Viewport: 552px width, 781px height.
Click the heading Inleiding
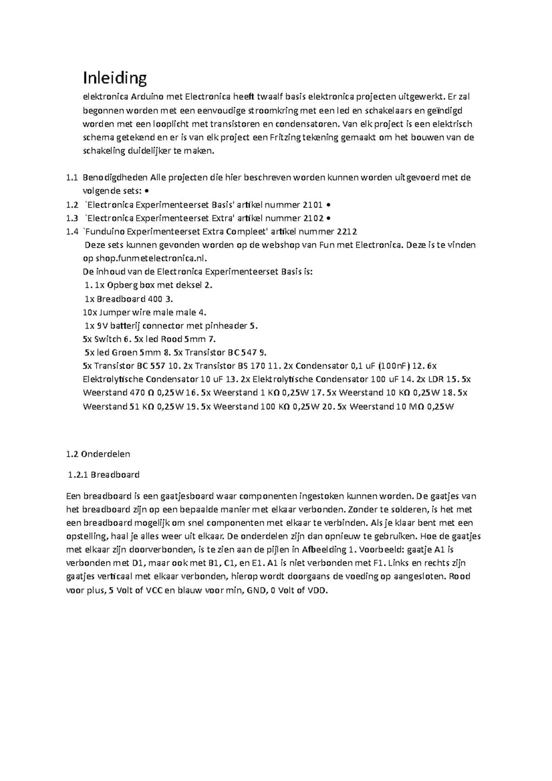pos(115,78)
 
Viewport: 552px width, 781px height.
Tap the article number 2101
pos(313,205)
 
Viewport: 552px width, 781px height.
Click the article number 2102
pos(313,218)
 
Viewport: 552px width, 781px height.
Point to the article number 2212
pos(347,232)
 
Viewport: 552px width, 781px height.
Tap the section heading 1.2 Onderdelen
pos(98,454)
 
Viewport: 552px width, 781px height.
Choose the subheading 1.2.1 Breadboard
pos(103,475)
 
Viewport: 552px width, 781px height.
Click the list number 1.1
pos(72,178)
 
